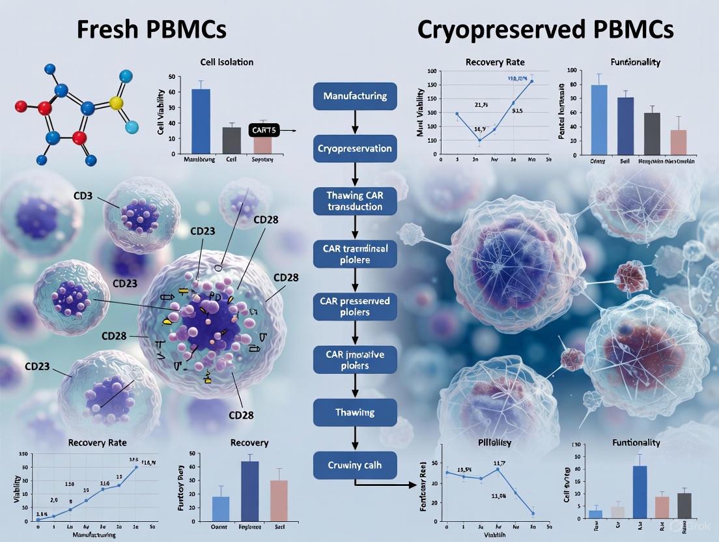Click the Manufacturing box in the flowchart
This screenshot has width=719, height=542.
click(355, 96)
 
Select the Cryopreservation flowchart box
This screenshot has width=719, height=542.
click(355, 149)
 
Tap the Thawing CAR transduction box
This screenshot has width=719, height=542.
click(355, 201)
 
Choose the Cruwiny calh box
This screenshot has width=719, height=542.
click(355, 465)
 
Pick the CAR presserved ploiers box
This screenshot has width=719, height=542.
click(355, 306)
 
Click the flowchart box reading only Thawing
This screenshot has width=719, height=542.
click(355, 412)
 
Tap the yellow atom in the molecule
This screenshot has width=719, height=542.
click(117, 103)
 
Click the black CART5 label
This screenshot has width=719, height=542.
click(264, 131)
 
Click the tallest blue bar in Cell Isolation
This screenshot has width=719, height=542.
click(201, 121)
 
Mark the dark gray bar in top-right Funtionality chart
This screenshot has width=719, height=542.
click(651, 133)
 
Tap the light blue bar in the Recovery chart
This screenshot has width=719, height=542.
click(221, 506)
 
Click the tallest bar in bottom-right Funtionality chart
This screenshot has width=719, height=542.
click(640, 492)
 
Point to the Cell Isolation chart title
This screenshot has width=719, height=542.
click(227, 62)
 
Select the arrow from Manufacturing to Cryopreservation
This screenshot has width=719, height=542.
click(355, 122)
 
